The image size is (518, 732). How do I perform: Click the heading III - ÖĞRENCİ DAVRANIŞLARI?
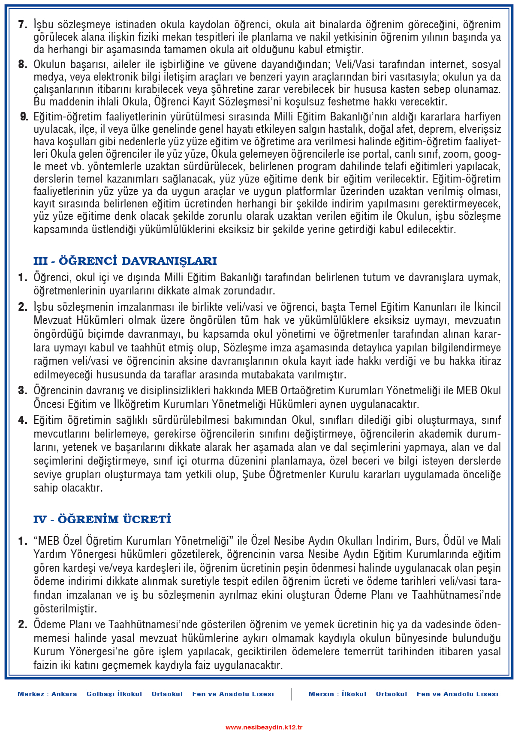click(125, 261)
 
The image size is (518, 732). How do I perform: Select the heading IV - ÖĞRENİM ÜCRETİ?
click(102, 519)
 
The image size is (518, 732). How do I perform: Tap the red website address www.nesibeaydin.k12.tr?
click(264, 727)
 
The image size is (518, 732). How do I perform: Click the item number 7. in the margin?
click(23, 24)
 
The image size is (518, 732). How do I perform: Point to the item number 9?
click(24, 117)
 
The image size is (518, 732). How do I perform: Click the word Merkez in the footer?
click(31, 694)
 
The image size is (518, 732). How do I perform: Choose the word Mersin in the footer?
click(321, 694)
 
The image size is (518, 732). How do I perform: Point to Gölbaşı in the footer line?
click(101, 694)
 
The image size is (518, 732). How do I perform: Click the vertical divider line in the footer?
click(291, 694)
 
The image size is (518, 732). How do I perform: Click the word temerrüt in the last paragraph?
click(365, 651)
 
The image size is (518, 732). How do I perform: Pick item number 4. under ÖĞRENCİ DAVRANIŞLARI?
click(23, 420)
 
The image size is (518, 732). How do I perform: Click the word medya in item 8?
click(47, 77)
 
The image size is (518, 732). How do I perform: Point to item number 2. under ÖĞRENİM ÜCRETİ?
click(23, 624)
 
